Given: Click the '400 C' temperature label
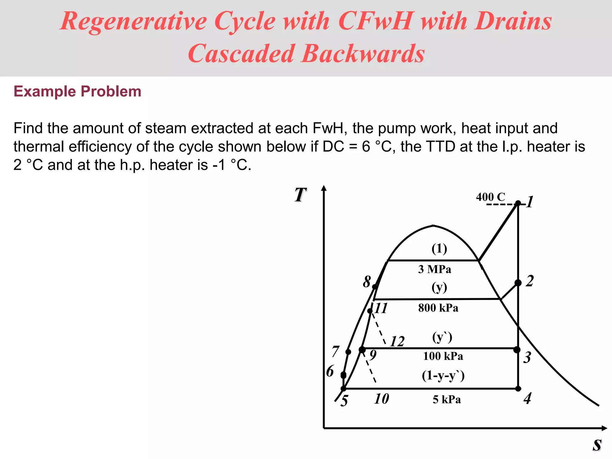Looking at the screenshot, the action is [490, 197].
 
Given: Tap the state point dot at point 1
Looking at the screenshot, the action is [518, 204].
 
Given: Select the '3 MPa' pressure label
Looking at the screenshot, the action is [434, 269].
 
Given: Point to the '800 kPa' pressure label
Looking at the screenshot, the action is [438, 308].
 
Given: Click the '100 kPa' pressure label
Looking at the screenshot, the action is [443, 356].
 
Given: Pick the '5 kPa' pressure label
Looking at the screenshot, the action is [447, 400].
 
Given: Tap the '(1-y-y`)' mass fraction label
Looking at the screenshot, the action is [443, 375].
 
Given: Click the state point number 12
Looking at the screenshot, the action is [397, 341].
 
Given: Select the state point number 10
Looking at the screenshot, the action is [382, 399].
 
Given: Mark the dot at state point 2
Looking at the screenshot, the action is [518, 283].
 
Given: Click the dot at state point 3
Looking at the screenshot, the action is [517, 350].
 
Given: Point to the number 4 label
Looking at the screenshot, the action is [528, 398].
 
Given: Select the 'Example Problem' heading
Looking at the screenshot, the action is [77, 91].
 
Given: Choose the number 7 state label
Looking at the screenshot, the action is [336, 351].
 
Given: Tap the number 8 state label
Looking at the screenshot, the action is [367, 281].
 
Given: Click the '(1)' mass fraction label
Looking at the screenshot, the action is [439, 249].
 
